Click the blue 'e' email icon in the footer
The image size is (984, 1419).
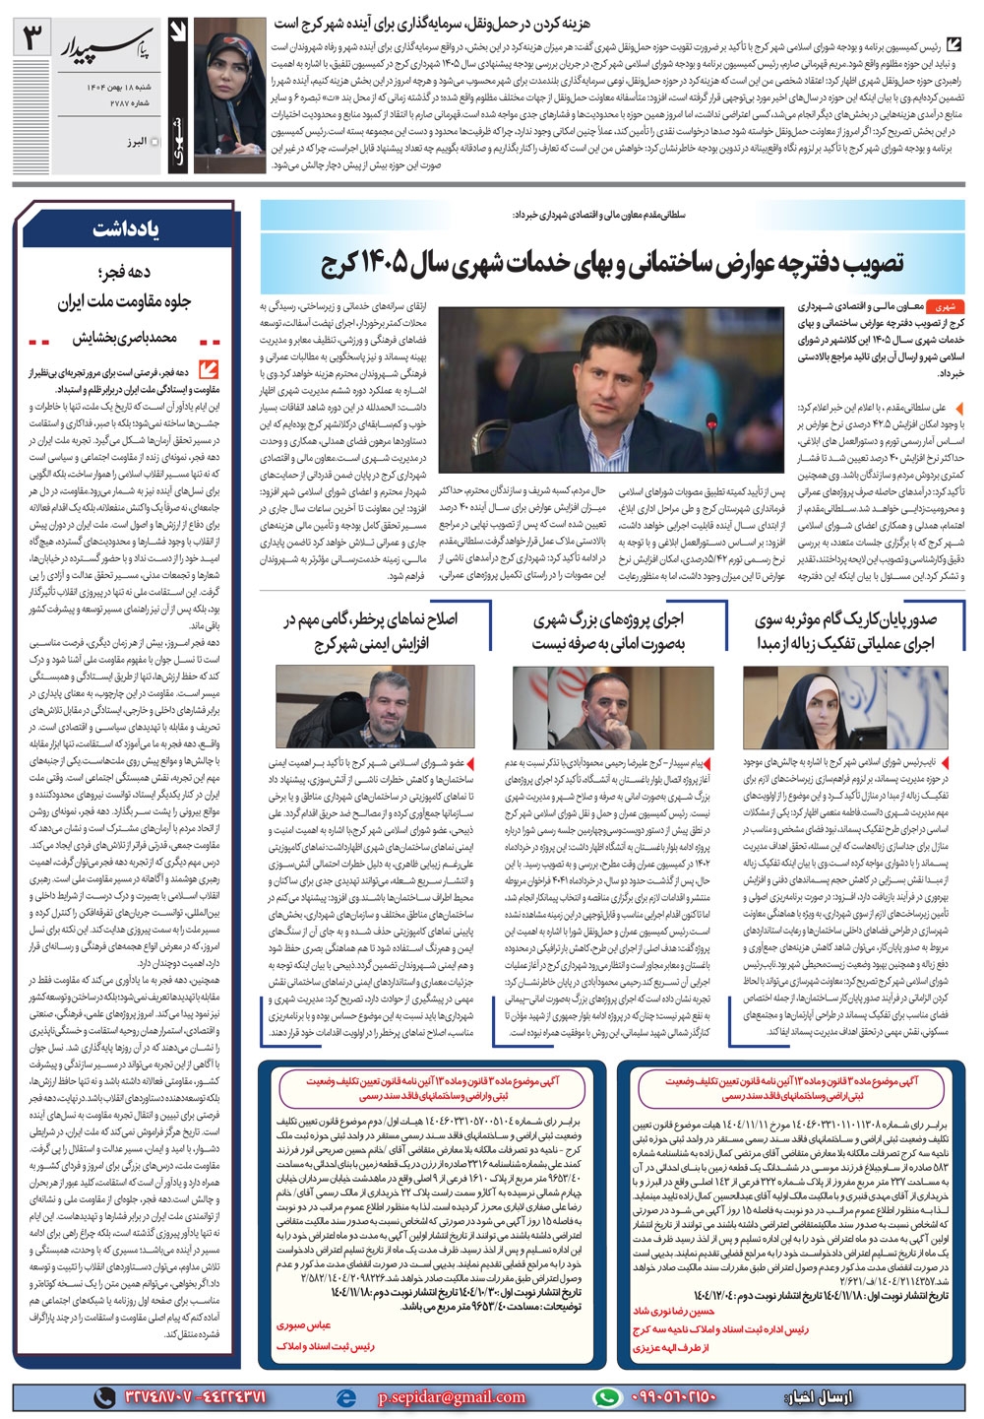(345, 1396)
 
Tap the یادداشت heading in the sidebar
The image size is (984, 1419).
(127, 228)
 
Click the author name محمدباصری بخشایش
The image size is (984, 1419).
(124, 338)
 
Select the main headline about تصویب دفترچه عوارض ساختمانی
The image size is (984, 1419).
(612, 263)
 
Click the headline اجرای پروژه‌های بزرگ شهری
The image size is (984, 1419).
(608, 631)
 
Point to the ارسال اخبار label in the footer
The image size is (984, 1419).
(820, 1396)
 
